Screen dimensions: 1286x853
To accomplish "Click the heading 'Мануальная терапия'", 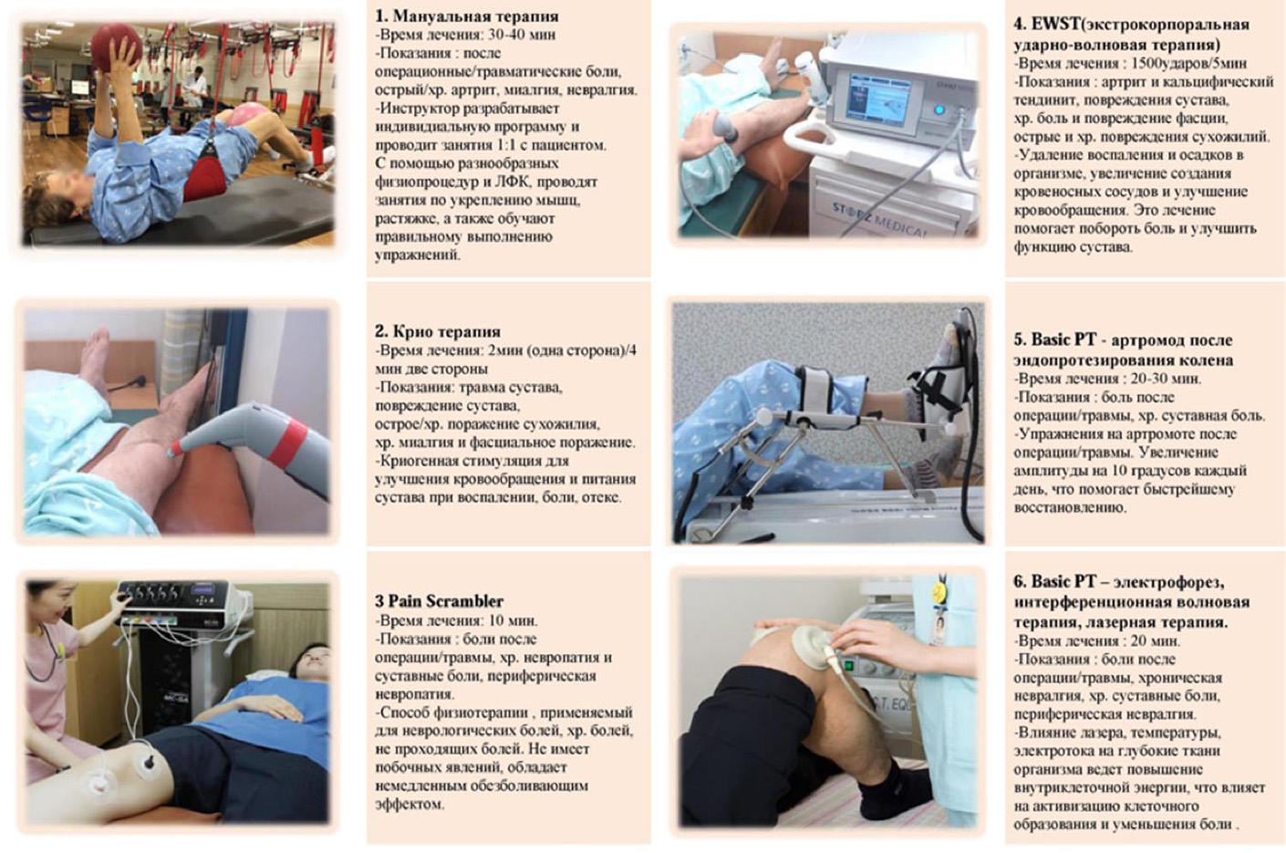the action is tap(476, 16).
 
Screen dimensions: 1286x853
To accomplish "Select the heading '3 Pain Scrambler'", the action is tap(440, 601).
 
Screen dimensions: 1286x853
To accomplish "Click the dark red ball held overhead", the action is tap(117, 45).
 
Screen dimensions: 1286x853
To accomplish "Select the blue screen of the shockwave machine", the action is tap(879, 101).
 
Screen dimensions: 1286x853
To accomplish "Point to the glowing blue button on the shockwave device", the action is tap(939, 109).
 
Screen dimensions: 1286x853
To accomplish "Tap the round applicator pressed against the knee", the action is tap(810, 646).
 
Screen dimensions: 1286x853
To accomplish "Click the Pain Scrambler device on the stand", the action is tap(179, 603).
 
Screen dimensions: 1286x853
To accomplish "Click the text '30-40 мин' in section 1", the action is tap(522, 35).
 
